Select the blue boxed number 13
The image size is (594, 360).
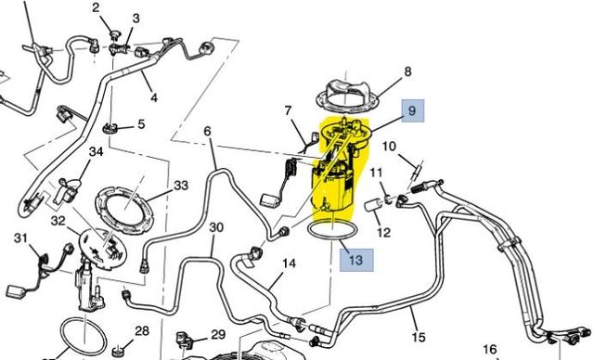pyautogui.click(x=355, y=260)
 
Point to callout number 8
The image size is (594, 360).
pyautogui.click(x=406, y=71)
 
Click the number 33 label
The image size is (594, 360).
pyautogui.click(x=180, y=185)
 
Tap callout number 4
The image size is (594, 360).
pyautogui.click(x=153, y=97)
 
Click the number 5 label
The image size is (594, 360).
pyautogui.click(x=141, y=124)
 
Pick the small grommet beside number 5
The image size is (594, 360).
pyautogui.click(x=112, y=126)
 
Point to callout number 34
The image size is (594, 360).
pyautogui.click(x=96, y=152)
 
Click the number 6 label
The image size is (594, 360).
pyautogui.click(x=207, y=132)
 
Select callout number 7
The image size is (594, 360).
pyautogui.click(x=288, y=111)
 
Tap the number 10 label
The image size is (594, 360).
pyautogui.click(x=389, y=146)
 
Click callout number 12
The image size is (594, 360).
pyautogui.click(x=383, y=232)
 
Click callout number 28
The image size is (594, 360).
pyautogui.click(x=142, y=330)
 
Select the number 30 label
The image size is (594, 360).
pyautogui.click(x=215, y=227)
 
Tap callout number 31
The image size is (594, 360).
pyautogui.click(x=20, y=238)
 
